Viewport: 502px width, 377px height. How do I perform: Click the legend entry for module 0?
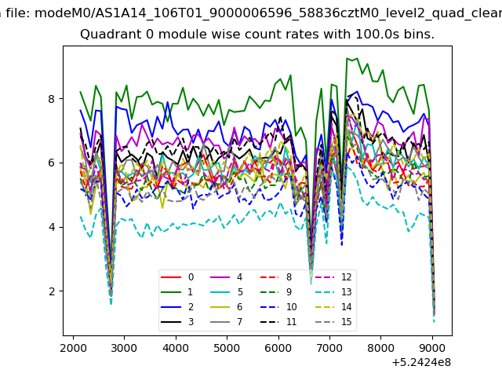[x=177, y=277]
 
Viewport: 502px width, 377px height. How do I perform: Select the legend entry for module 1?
[x=177, y=291]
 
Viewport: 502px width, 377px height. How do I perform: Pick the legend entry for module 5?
[x=227, y=291]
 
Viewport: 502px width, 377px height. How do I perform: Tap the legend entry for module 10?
[x=278, y=307]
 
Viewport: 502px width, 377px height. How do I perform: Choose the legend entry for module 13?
[x=333, y=291]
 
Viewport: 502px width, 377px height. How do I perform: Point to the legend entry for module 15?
[x=333, y=321]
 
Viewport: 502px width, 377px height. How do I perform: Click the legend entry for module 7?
[x=227, y=321]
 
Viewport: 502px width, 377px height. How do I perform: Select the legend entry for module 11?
[x=278, y=321]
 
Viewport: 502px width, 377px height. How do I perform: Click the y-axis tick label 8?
[x=52, y=99]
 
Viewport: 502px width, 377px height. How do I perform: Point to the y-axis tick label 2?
[x=52, y=291]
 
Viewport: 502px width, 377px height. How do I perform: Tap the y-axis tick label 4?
[x=52, y=227]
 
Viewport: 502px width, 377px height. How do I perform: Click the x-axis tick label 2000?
[x=73, y=348]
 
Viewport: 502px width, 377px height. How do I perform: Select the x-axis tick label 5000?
[x=227, y=348]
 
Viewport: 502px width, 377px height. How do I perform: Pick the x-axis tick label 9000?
[x=432, y=348]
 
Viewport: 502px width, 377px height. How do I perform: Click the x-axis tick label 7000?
[x=329, y=348]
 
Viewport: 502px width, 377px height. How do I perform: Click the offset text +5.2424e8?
[x=421, y=362]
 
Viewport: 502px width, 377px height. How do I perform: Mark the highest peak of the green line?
[x=347, y=58]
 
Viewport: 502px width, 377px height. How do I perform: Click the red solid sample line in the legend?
[x=171, y=277]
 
